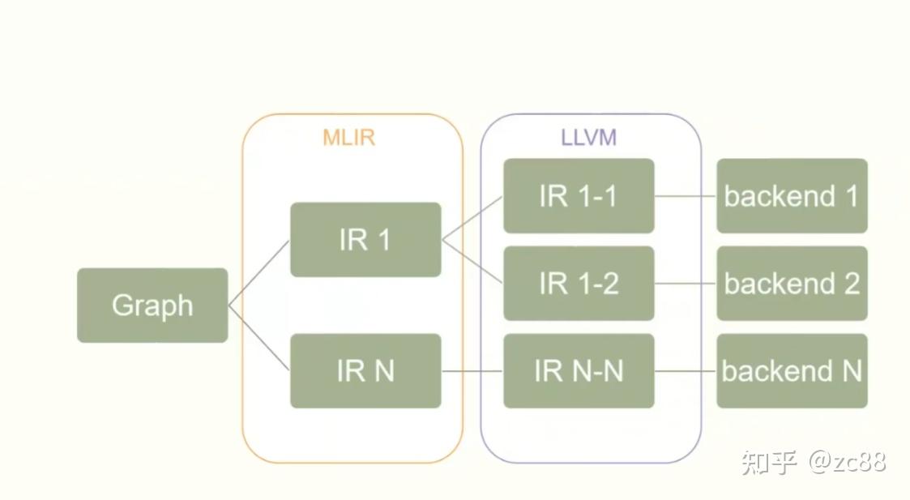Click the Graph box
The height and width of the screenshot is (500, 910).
point(152,306)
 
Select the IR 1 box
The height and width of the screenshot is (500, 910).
point(365,240)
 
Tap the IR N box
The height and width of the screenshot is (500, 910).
point(365,370)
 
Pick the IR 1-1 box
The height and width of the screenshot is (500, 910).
point(579,196)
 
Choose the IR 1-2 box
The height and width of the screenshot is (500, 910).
point(579,284)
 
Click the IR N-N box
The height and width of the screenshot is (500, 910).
point(579,370)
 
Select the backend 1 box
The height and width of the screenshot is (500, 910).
point(792,196)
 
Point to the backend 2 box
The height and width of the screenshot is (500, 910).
point(792,284)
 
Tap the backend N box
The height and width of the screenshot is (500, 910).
point(792,370)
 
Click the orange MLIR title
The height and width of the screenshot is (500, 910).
point(349,137)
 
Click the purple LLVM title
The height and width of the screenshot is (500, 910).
point(589,137)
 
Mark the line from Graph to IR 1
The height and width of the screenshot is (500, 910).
point(259,272)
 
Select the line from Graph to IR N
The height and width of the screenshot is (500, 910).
point(259,338)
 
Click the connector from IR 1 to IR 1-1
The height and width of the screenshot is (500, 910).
point(472,218)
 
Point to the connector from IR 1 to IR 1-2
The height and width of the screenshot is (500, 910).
point(472,262)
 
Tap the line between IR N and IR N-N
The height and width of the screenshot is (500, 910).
point(472,371)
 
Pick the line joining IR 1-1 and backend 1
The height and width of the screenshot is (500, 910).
point(686,196)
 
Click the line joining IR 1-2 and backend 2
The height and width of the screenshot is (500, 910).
point(686,284)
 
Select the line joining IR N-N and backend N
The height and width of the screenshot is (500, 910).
point(686,371)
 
